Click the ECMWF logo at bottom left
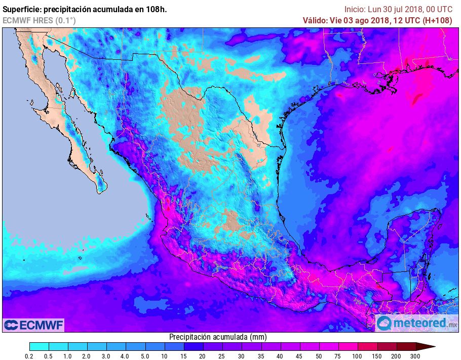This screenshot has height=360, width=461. tap(33, 325)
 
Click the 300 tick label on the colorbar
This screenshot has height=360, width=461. tap(415, 356)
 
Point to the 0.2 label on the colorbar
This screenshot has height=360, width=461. tap(29, 356)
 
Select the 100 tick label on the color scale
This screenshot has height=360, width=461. tap(357, 356)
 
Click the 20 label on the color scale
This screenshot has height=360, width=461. tap(203, 356)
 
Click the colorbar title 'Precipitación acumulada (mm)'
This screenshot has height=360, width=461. tap(218, 337)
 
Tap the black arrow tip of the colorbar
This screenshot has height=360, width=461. tap(428, 346)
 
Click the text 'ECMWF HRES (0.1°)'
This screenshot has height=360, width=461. tap(39, 20)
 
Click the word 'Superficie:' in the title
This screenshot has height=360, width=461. tap(23, 9)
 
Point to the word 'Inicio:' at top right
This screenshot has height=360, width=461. tap(355, 9)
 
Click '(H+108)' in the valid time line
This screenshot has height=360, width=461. tap(437, 20)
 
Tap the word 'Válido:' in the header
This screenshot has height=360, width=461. tap(315, 20)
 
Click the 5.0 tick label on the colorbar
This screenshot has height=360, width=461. tap(145, 356)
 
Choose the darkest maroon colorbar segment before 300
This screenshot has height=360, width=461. tap(405, 346)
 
